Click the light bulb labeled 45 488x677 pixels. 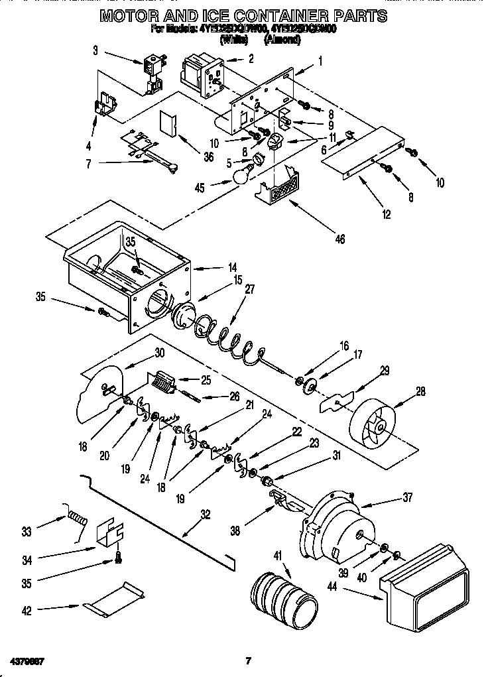(x=242, y=174)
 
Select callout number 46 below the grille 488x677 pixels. (x=339, y=239)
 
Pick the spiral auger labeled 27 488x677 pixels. (x=228, y=338)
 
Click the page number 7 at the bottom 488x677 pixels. (x=247, y=660)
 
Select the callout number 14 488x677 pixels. (x=232, y=268)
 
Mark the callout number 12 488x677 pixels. (x=387, y=214)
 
